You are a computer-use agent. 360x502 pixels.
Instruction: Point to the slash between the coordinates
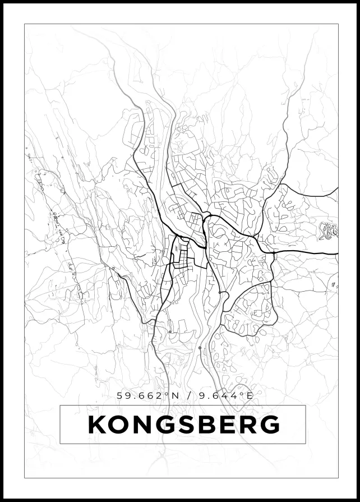(191, 395)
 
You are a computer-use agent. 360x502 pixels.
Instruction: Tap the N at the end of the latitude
(176, 395)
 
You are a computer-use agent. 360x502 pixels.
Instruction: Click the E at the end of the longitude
(250, 395)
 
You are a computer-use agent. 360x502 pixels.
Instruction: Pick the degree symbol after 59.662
(167, 393)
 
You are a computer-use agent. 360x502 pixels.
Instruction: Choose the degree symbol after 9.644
(242, 393)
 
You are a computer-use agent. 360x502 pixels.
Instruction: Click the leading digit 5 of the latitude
(119, 395)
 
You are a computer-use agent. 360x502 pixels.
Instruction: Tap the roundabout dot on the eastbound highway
(274, 254)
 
